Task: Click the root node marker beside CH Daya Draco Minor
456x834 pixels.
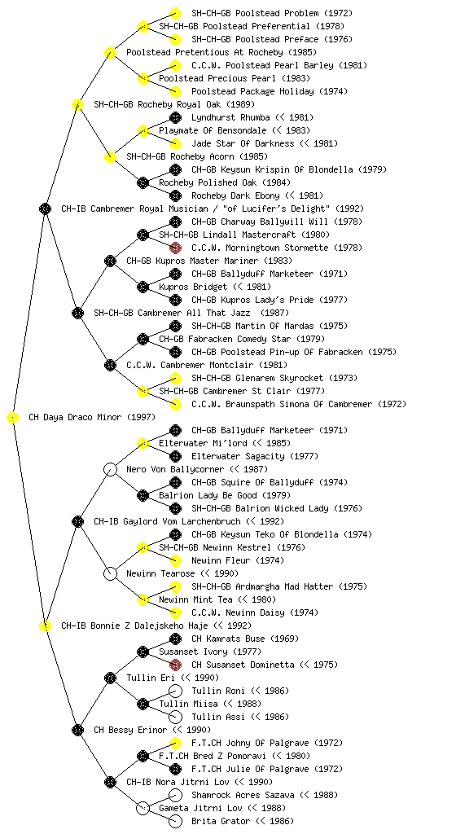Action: coord(13,418)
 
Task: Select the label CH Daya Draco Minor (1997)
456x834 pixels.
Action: coord(92,418)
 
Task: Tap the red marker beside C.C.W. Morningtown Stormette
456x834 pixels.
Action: coord(175,248)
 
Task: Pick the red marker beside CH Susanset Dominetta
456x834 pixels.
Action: coord(175,665)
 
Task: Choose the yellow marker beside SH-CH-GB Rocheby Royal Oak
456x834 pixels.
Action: coord(77,105)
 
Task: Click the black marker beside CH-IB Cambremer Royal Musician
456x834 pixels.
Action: coord(45,209)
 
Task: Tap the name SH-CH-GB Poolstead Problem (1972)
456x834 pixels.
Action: coord(272,13)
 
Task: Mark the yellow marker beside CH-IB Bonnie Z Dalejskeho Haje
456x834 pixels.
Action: coord(45,626)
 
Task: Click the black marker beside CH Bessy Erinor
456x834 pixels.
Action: coord(77,731)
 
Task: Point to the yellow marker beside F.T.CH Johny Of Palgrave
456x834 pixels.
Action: coord(175,743)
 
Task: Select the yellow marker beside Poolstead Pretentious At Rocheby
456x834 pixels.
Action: coord(110,53)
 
